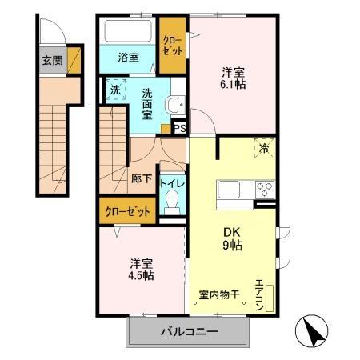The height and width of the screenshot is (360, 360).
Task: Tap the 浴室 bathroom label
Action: click(x=127, y=58)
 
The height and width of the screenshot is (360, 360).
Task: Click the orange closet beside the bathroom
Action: click(x=172, y=44)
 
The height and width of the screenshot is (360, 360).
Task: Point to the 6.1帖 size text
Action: click(x=233, y=84)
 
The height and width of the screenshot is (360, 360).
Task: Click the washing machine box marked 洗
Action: click(x=114, y=90)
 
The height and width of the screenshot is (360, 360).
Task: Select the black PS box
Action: click(x=180, y=127)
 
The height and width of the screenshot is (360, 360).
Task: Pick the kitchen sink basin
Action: click(x=229, y=190)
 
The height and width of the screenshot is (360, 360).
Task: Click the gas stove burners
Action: click(x=264, y=190)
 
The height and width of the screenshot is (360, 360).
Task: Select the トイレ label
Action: click(x=172, y=182)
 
